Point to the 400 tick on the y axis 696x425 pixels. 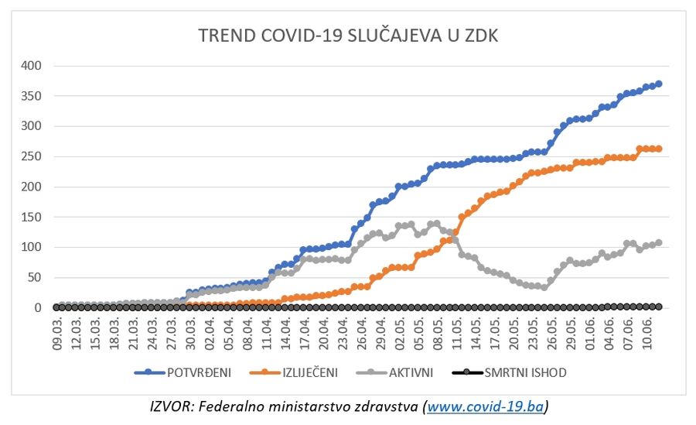click(x=31, y=66)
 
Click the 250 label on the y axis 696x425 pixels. click(x=31, y=156)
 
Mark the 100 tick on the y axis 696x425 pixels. click(x=31, y=247)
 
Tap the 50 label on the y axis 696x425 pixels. click(x=34, y=277)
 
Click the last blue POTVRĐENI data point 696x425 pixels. click(x=659, y=84)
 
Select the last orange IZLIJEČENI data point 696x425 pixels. click(x=659, y=149)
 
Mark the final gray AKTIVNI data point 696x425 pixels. click(x=659, y=242)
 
